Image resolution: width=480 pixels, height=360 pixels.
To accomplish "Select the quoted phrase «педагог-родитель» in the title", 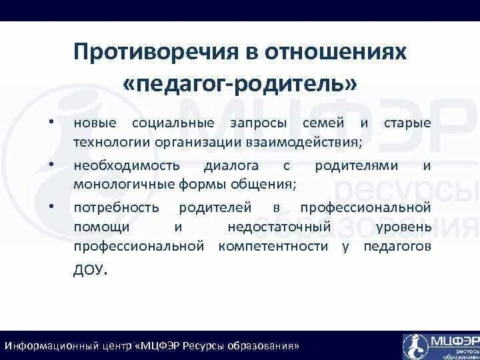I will pyautogui.click(x=240, y=84).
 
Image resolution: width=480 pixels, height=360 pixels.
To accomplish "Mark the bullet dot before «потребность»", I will pyautogui.click(x=50, y=207).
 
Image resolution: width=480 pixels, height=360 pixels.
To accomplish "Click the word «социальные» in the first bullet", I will pyautogui.click(x=173, y=123).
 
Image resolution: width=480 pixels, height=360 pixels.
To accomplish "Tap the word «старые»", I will pyautogui.click(x=407, y=123).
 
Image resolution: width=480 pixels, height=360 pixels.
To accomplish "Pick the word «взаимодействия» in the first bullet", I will pyautogui.click(x=314, y=142).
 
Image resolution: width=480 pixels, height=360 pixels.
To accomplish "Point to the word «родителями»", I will pyautogui.click(x=357, y=165).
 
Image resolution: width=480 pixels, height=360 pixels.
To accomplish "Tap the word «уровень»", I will pyautogui.click(x=403, y=227).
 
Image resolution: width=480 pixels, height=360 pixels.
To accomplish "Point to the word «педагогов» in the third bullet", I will pyautogui.click(x=397, y=246).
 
